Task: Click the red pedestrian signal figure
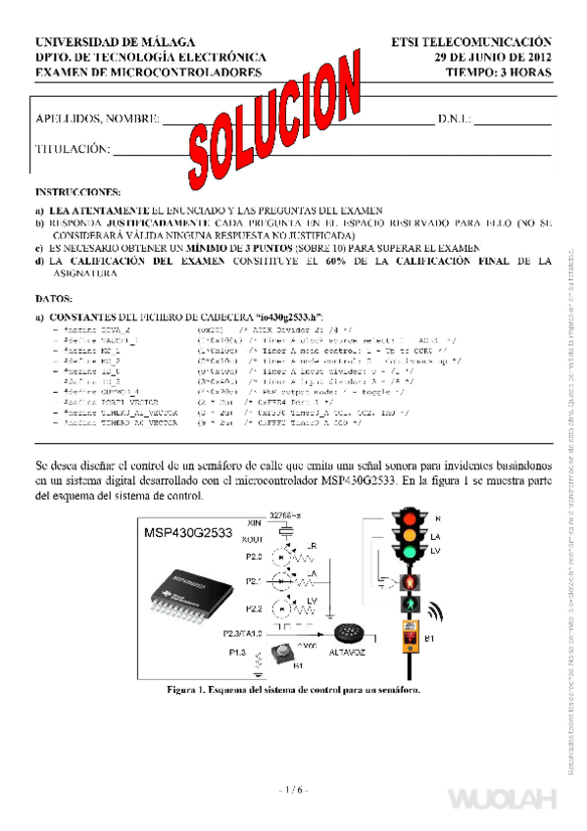pyautogui.click(x=409, y=585)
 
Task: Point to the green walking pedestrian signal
pyautogui.click(x=409, y=606)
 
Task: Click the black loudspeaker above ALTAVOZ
pyautogui.click(x=348, y=632)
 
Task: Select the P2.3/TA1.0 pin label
pyautogui.click(x=244, y=632)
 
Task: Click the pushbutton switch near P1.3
pyautogui.click(x=283, y=652)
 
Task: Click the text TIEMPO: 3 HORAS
pyautogui.click(x=498, y=73)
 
